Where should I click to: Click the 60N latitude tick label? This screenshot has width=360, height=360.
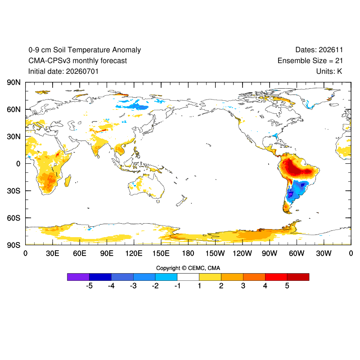pyautogui.click(x=13, y=109)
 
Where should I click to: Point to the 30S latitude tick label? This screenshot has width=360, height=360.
pyautogui.click(x=13, y=191)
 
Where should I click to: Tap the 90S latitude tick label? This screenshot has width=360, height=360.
pyautogui.click(x=13, y=245)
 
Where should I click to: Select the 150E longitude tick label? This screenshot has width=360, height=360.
pyautogui.click(x=161, y=253)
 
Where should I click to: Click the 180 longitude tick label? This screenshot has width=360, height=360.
pyautogui.click(x=188, y=253)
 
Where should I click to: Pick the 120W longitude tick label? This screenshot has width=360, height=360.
pyautogui.click(x=242, y=253)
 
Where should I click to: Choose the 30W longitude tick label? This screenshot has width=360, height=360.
pyautogui.click(x=324, y=253)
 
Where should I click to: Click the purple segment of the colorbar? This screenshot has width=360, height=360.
pyautogui.click(x=78, y=277)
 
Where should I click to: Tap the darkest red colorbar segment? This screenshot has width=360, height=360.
pyautogui.click(x=298, y=277)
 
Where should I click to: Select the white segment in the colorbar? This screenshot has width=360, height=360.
pyautogui.click(x=188, y=277)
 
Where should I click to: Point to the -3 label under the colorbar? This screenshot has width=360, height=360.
pyautogui.click(x=133, y=286)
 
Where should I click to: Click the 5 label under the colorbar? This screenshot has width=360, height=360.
pyautogui.click(x=287, y=286)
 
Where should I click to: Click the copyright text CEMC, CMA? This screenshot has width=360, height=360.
pyautogui.click(x=204, y=268)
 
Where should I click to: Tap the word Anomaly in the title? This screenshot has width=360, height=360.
pyautogui.click(x=126, y=50)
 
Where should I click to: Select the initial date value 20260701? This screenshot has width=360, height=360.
pyautogui.click(x=82, y=72)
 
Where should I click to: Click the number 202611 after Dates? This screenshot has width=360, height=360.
pyautogui.click(x=331, y=50)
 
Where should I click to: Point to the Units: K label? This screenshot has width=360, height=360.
pyautogui.click(x=329, y=72)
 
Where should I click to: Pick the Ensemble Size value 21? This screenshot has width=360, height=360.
pyautogui.click(x=339, y=61)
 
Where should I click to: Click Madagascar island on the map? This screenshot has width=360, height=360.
pyautogui.click(x=68, y=180)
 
